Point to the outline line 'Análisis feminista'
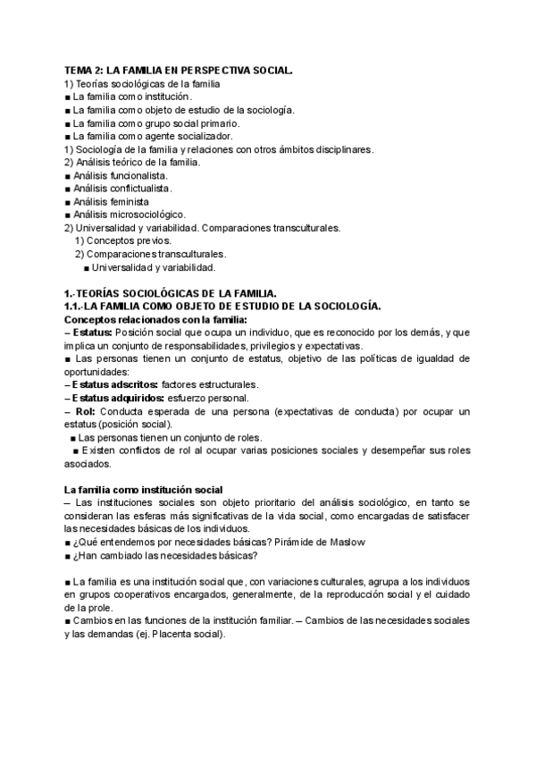(112, 202)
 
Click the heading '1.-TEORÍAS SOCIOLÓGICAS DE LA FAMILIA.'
(171, 293)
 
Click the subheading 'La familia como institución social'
(144, 490)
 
